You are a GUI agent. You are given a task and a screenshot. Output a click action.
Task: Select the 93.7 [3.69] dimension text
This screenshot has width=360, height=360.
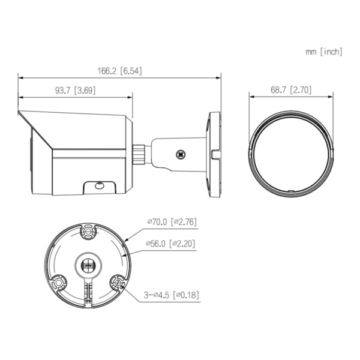tap(76, 91)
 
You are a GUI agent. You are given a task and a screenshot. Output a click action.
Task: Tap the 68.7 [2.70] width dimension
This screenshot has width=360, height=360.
tap(290, 91)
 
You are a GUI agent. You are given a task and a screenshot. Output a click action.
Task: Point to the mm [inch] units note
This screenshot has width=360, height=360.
tap(324, 52)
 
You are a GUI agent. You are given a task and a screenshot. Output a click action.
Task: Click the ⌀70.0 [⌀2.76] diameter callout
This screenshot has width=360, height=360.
tap(172, 222)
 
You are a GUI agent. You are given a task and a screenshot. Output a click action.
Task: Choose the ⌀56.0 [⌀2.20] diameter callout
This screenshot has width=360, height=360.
tap(172, 244)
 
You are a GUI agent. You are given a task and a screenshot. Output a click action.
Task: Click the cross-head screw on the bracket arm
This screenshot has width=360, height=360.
tap(181, 154)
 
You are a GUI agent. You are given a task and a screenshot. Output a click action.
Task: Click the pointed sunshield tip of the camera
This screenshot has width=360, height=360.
tap(20, 112)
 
